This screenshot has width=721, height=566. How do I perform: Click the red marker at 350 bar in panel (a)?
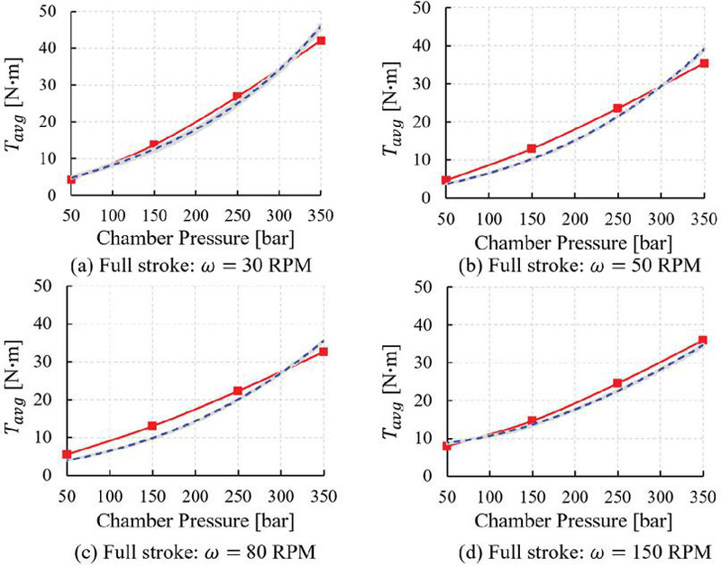320,41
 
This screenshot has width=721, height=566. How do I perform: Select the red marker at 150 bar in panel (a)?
154,144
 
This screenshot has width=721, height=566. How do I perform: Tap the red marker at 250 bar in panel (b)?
618,108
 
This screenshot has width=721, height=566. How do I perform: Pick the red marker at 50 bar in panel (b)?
445,179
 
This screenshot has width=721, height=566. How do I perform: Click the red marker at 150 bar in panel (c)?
152,425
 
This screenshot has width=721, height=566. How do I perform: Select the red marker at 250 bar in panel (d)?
617,383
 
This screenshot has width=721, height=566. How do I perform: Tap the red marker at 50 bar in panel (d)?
445,445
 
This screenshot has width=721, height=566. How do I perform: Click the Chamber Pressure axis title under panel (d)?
573,520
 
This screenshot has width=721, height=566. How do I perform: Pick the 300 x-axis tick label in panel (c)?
279,497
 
